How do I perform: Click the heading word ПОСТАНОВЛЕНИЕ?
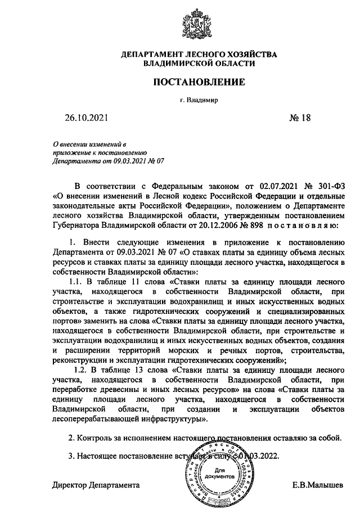tap(200, 82)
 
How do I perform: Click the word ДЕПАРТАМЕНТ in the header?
tap(152, 55)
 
